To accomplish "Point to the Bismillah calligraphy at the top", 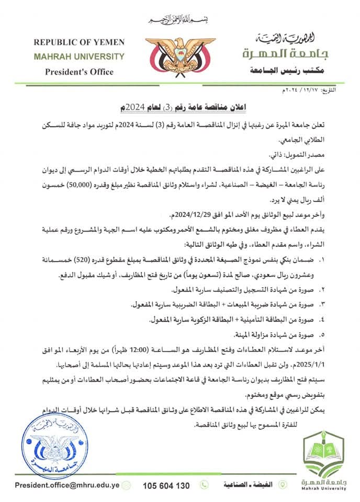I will (x=179, y=19).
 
